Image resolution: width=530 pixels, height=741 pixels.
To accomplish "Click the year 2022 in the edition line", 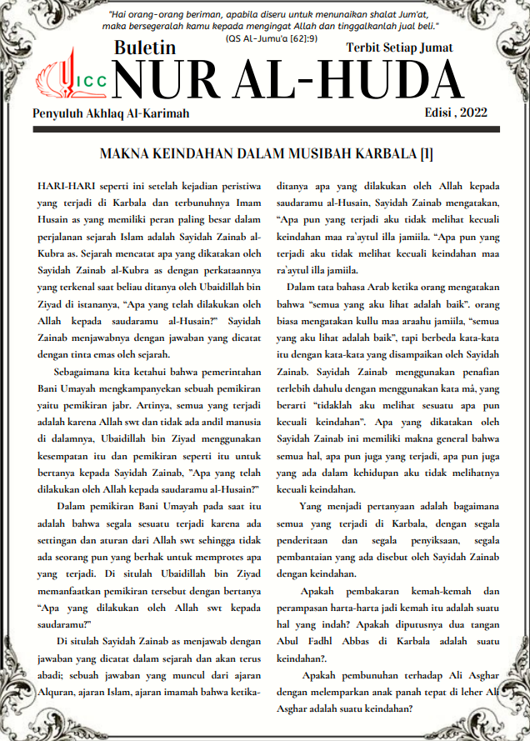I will [x=472, y=113].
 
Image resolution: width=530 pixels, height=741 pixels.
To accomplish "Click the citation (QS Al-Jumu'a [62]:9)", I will [x=265, y=38].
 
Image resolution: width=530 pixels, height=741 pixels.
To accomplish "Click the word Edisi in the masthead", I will [x=437, y=113].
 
